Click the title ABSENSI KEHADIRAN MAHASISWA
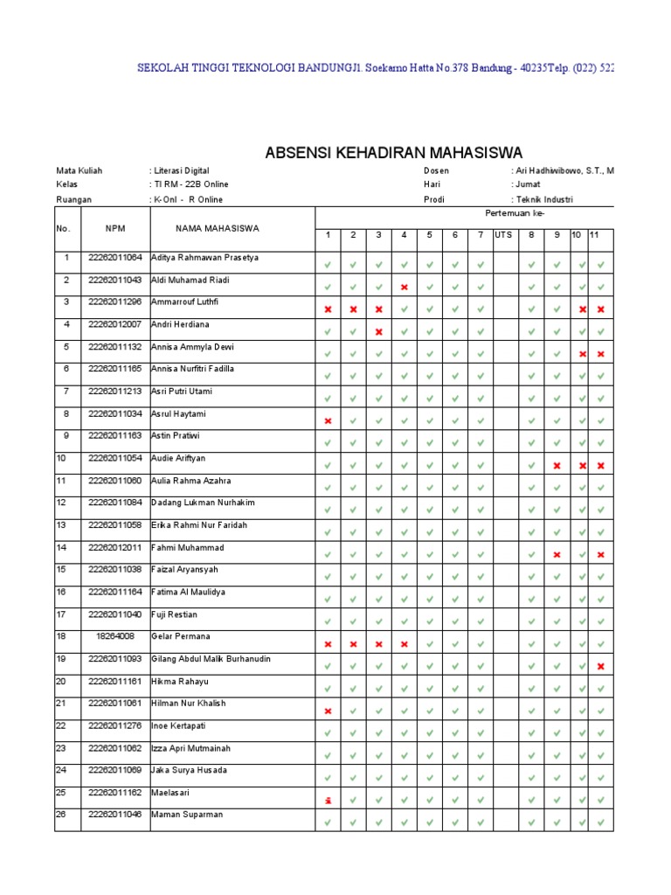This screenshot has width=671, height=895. tap(393, 154)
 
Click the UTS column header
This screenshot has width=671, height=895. tap(503, 234)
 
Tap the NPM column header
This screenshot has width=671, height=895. tap(115, 228)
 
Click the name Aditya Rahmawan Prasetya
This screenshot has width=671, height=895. tap(205, 258)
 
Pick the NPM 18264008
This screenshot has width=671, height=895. tap(115, 636)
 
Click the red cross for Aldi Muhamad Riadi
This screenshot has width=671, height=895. tap(405, 287)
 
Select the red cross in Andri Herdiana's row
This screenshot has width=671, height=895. tap(378, 331)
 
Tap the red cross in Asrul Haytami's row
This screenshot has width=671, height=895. tap(328, 420)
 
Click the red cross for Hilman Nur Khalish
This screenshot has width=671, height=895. tap(328, 711)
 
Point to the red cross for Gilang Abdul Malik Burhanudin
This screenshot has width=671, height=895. tap(601, 666)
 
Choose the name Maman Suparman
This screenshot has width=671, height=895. tap(187, 815)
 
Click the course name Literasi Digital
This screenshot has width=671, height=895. tap(182, 170)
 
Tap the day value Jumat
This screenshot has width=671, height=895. tap(527, 184)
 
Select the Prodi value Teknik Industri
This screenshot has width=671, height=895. tap(543, 199)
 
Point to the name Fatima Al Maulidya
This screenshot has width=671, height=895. tap(190, 592)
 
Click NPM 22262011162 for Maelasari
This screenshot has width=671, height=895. tap(115, 793)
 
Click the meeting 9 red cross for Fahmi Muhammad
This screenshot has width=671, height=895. tap(557, 554)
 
